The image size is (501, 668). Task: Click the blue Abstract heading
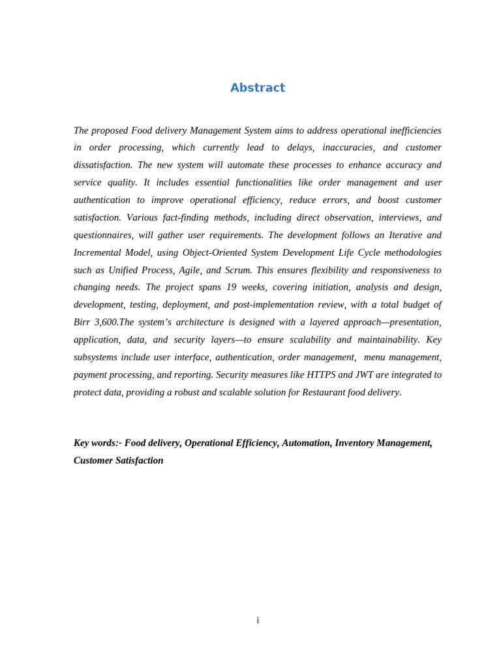257,88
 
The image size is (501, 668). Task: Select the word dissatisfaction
103,165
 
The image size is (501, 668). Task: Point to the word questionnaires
103,235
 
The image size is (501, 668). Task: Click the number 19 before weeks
231,287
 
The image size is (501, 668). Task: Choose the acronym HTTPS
321,374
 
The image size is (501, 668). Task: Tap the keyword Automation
305,443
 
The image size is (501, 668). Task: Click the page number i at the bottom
258,620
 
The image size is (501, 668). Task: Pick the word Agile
189,270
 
